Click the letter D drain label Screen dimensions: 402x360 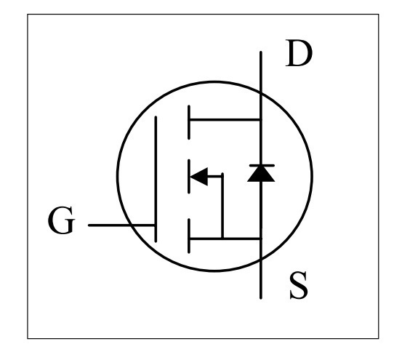(x=299, y=53)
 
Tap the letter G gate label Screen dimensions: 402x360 (x=62, y=220)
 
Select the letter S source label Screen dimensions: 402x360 (x=299, y=285)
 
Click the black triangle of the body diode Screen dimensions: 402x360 (x=261, y=174)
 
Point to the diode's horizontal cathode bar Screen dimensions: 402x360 (x=262, y=166)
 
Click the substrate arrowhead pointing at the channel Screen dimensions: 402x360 (x=198, y=177)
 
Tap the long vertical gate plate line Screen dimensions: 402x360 (x=156, y=179)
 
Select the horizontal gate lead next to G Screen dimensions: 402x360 (x=121, y=225)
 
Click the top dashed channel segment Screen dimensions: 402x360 (x=189, y=122)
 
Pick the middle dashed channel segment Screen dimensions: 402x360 (x=189, y=177)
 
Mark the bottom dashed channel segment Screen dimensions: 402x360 (x=189, y=236)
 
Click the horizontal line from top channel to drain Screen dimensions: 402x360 (x=225, y=120)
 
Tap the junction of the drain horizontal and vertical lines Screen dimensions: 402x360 (x=261, y=120)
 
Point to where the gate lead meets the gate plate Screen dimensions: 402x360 (x=156, y=225)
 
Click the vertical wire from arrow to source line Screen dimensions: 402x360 (x=222, y=206)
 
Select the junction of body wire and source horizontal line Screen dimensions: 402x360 (x=222, y=239)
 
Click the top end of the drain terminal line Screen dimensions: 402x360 (x=261, y=52)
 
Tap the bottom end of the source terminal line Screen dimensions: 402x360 (x=261, y=298)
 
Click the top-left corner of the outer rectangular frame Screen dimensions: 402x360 (x=28, y=15)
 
